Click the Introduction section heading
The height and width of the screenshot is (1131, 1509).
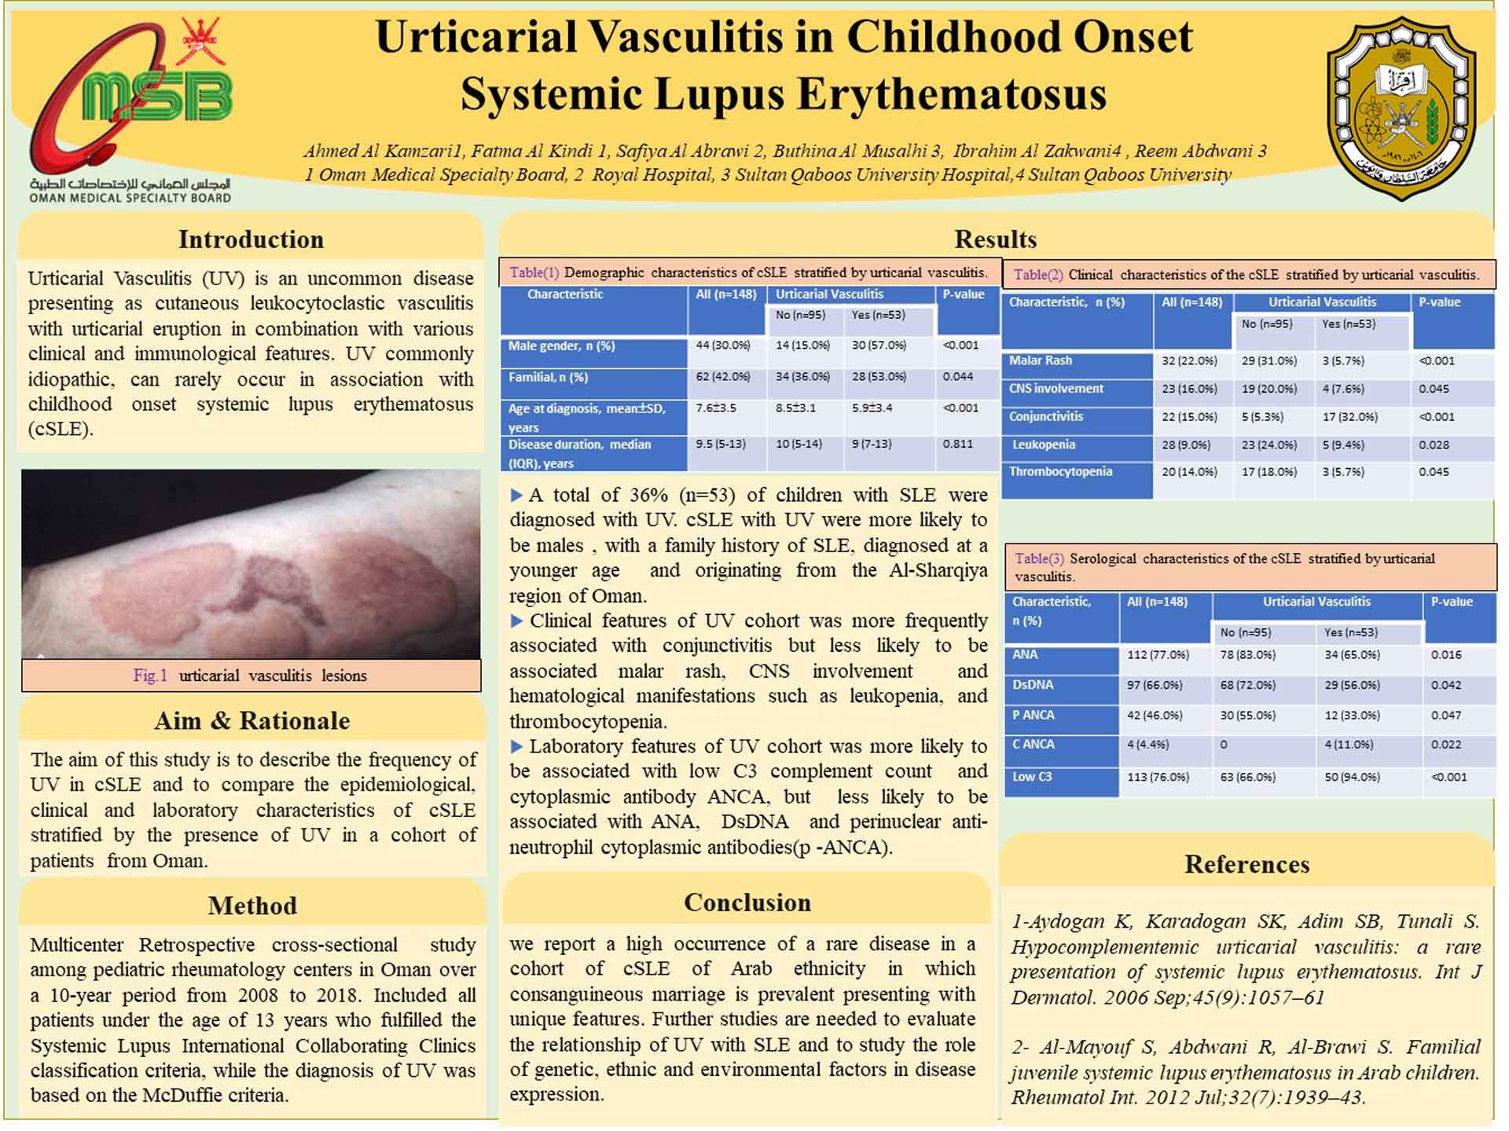coord(251,240)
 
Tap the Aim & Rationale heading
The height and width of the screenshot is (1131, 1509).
coord(251,721)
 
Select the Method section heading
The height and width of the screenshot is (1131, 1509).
coord(252,906)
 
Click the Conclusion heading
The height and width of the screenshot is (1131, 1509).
coord(747,902)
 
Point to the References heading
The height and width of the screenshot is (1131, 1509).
coord(1246,864)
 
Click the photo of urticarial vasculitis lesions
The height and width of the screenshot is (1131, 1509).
coord(251,564)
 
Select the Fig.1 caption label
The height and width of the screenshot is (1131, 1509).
coord(150,675)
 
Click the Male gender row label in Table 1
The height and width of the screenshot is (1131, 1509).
coord(561,346)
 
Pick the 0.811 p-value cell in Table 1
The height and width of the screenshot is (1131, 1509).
coord(957,444)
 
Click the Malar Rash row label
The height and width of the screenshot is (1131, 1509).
coord(1040,361)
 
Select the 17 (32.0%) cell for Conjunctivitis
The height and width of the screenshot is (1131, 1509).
coord(1349,417)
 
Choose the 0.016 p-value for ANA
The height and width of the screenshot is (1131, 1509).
coord(1445,654)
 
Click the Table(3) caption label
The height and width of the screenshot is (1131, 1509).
coord(1039,558)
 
